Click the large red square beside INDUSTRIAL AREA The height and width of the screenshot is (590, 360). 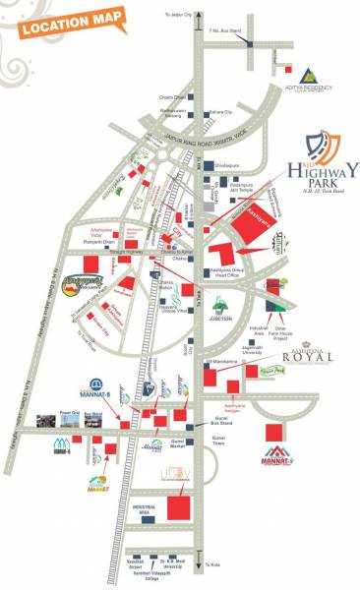pos(179,508)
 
